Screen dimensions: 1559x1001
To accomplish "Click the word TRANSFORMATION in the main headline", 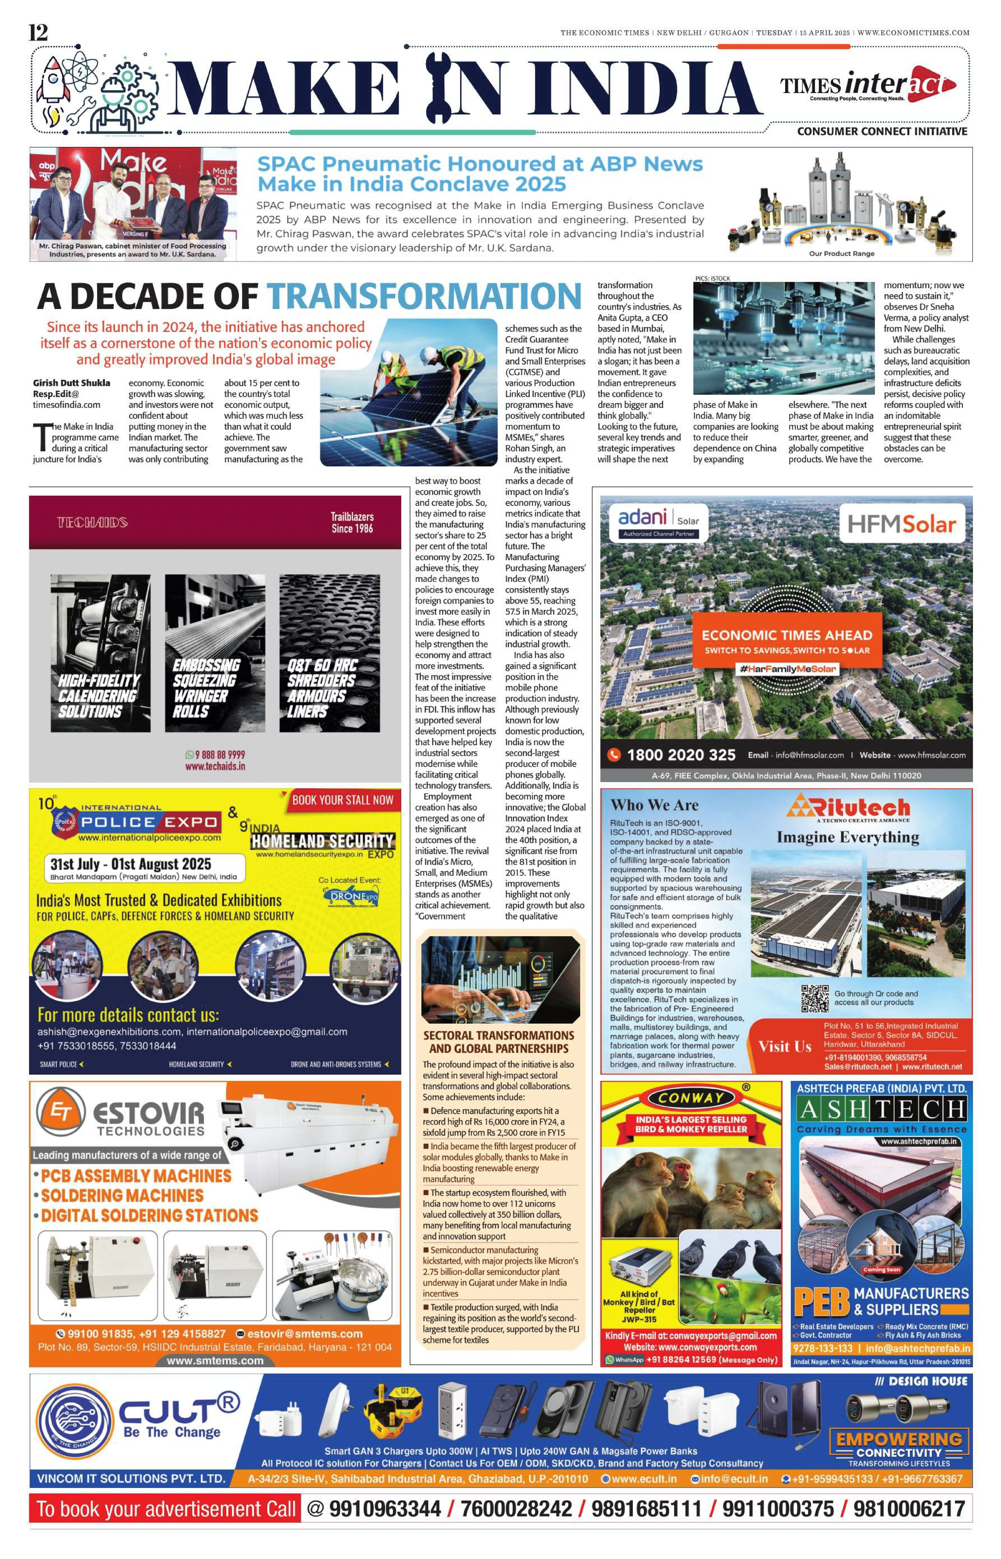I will (x=424, y=296).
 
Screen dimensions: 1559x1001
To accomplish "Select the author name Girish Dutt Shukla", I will (x=71, y=383).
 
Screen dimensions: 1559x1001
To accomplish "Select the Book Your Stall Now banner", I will (x=343, y=800).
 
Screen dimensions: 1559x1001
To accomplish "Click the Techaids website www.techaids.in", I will (x=215, y=766).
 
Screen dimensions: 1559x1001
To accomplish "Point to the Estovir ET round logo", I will (x=60, y=1112).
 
